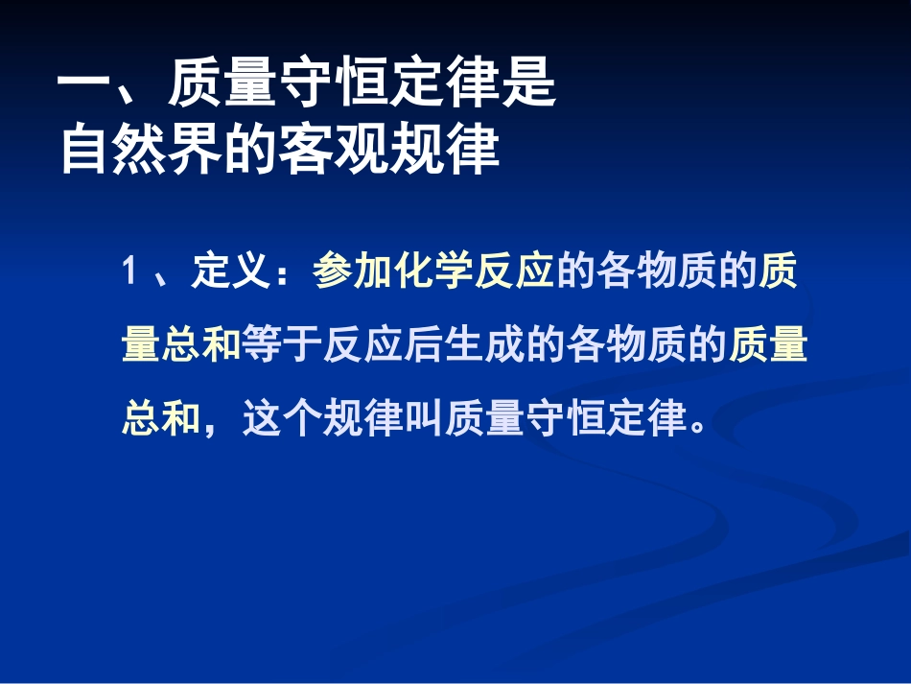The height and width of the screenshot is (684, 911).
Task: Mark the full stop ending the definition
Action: click(x=698, y=422)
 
